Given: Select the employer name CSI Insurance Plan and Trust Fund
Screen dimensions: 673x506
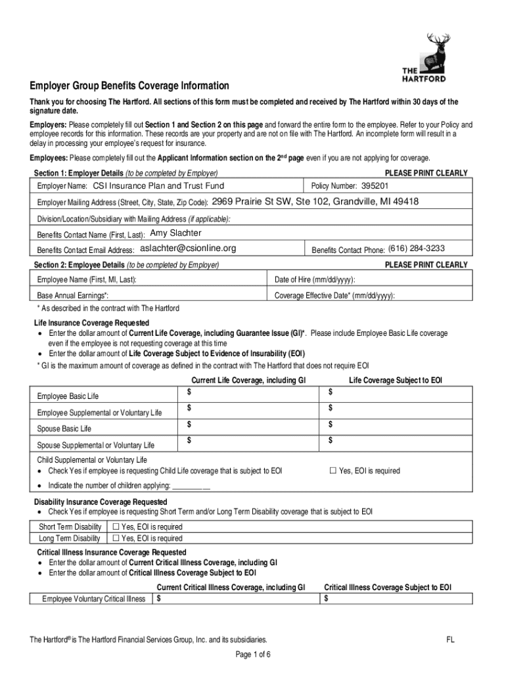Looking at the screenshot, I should (158, 186).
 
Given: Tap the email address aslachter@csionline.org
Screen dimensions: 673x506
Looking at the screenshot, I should (188, 248).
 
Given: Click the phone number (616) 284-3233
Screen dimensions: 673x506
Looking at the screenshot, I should (417, 248).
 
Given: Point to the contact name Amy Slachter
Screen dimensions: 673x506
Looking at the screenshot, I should (176, 233).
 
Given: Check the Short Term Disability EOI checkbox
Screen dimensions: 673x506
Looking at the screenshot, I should (116, 526).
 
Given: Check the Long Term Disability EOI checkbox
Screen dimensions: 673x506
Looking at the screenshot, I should (116, 538).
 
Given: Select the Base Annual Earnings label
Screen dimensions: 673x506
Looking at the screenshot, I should (73, 296).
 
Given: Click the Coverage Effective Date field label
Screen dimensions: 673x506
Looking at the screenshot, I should (334, 296).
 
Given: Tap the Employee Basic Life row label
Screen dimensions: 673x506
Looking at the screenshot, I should (68, 396).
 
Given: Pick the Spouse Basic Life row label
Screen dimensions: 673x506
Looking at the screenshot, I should (64, 429).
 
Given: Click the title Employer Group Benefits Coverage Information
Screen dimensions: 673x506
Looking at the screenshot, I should (129, 86).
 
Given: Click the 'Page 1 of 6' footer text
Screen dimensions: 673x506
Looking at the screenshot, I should (253, 655).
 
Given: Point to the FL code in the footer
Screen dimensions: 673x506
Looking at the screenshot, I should (450, 639).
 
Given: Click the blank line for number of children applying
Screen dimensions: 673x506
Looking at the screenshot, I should (191, 486).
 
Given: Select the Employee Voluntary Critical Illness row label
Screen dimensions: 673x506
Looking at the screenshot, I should (94, 599).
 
